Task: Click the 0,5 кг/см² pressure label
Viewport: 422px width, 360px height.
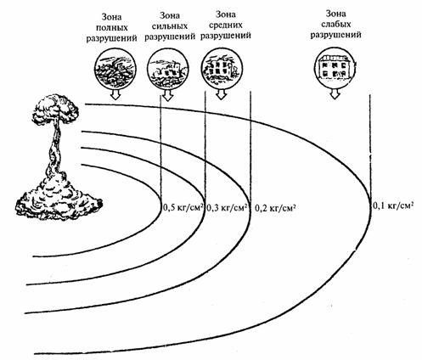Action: pos(183,208)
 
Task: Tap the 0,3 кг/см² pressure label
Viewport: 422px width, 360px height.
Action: pos(228,208)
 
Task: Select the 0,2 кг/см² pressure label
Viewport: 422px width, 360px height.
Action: pos(275,208)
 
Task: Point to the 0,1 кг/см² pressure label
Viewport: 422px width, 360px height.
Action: pos(392,205)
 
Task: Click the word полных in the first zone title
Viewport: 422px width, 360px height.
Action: pos(111,28)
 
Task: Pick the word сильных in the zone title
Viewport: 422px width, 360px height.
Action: pos(170,26)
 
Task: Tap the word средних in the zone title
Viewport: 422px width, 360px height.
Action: pos(226,25)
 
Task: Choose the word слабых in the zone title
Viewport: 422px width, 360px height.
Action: pos(335,25)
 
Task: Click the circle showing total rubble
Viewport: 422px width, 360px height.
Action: pos(115,69)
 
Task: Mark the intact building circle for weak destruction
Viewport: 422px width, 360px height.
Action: pos(335,67)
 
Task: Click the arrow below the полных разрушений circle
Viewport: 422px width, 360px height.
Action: pos(115,94)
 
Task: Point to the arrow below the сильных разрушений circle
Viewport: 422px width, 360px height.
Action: pos(167,95)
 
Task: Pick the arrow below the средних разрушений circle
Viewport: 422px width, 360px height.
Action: pos(222,94)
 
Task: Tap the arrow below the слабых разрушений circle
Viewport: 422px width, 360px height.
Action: pos(335,93)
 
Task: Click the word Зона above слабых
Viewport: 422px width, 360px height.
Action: pos(335,13)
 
